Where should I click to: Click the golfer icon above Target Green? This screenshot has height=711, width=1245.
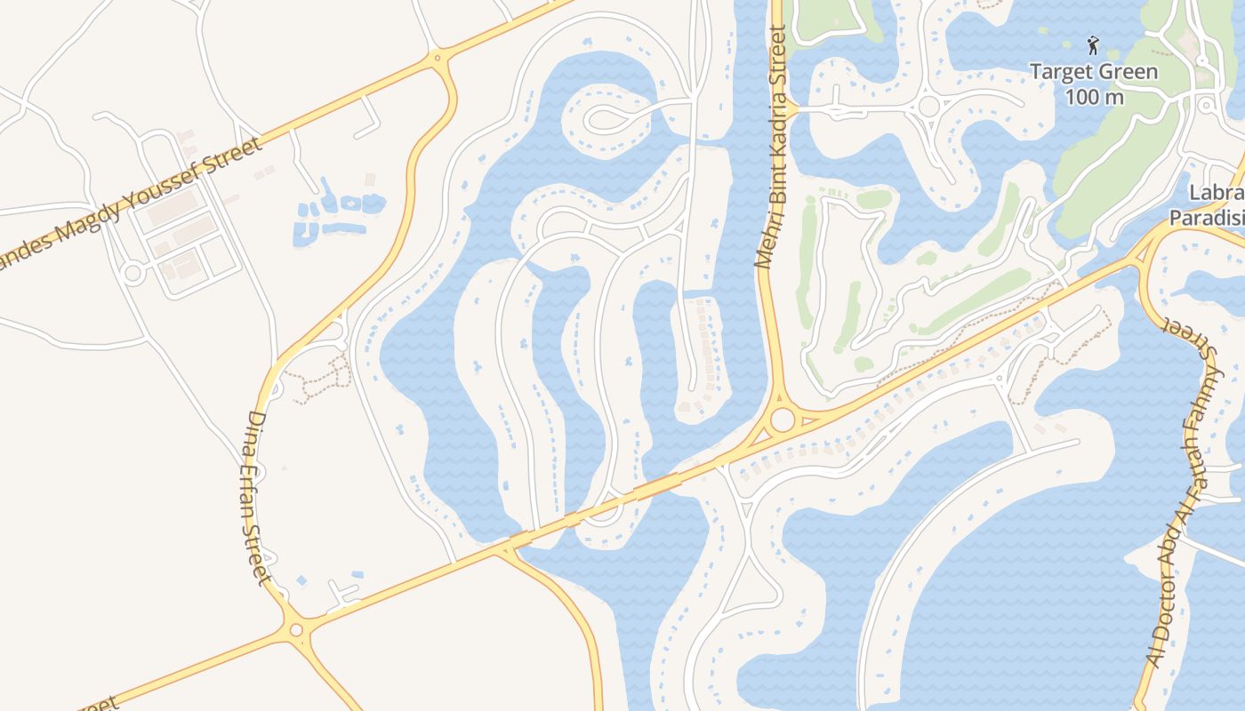point(1093,44)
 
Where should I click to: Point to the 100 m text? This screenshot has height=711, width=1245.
point(1094,96)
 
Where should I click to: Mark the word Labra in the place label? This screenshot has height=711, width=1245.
point(1217,194)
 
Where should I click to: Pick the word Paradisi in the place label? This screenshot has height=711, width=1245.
point(1207,218)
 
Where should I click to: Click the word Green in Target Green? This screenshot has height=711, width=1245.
point(1127,72)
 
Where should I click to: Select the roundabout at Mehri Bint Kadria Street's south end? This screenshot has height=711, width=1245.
point(783,419)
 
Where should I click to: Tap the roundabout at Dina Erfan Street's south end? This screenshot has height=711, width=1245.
point(296,630)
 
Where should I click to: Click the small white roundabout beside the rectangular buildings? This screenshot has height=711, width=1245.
point(133,273)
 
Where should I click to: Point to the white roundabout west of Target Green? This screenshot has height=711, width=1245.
point(928,108)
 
